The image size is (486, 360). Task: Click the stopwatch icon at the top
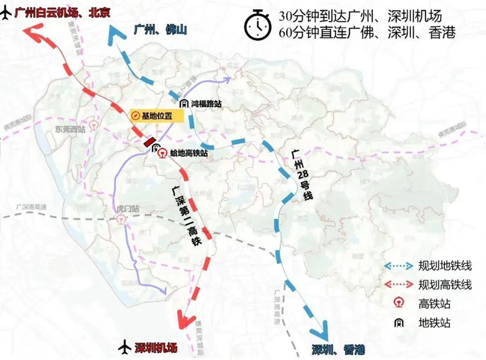coord(256,24)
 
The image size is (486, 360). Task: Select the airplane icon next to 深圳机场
coord(125,345)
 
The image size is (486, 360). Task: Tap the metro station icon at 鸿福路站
coord(185,104)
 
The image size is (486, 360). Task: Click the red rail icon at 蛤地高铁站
coord(160,152)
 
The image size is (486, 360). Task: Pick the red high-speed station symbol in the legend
coord(399,304)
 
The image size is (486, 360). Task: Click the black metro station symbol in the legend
coord(399,322)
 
